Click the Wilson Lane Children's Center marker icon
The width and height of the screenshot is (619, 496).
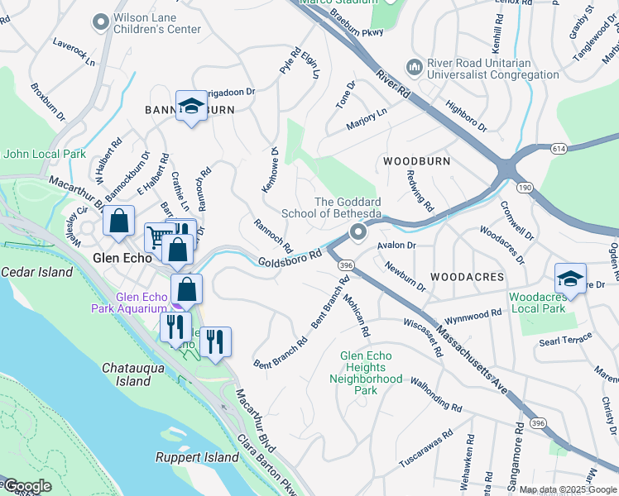pyautogui.click(x=101, y=22)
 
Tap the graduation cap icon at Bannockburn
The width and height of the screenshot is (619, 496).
pyautogui.click(x=191, y=107)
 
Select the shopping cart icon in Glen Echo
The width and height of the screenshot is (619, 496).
pyautogui.click(x=157, y=237)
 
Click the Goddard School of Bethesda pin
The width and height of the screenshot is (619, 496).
pyautogui.click(x=357, y=232)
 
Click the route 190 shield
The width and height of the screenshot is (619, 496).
pyautogui.click(x=525, y=188)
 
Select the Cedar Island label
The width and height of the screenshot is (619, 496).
pyautogui.click(x=37, y=272)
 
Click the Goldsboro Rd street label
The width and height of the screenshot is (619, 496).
pyautogui.click(x=289, y=260)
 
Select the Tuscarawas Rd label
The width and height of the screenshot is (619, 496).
pyautogui.click(x=425, y=444)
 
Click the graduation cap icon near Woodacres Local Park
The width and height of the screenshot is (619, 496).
pyautogui.click(x=570, y=279)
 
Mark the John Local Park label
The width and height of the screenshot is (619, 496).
pyautogui.click(x=45, y=154)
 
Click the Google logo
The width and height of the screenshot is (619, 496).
pyautogui.click(x=27, y=486)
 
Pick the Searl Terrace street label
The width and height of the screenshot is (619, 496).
pyautogui.click(x=567, y=341)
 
